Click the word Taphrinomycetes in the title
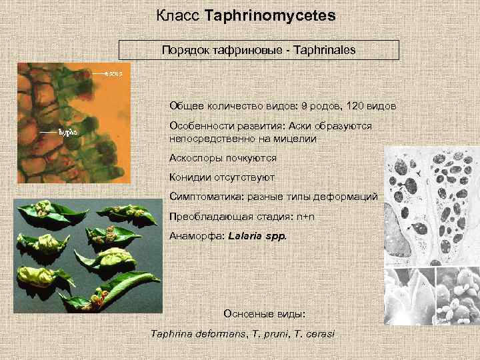tap(271, 15)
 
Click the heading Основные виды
tap(264, 313)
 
